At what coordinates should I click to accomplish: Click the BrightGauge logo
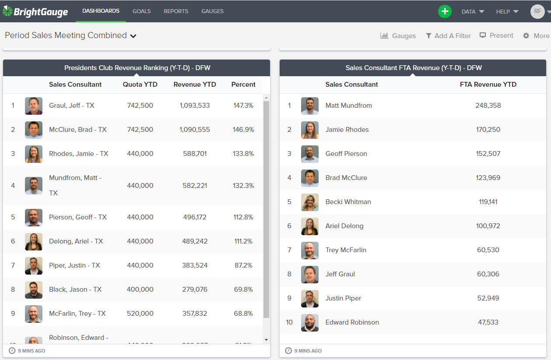tap(35, 11)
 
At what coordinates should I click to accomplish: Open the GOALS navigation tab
tap(141, 11)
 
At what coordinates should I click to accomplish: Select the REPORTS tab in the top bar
tap(176, 11)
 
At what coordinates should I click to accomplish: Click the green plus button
tap(445, 11)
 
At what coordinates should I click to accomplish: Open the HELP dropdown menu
tap(507, 12)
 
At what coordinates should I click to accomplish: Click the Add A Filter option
tap(448, 36)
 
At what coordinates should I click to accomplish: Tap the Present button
tap(496, 35)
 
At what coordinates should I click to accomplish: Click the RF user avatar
tap(537, 11)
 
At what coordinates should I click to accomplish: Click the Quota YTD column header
tap(140, 85)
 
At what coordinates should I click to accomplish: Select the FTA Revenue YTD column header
tap(488, 85)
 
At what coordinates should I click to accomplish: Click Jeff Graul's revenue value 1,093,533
tap(195, 106)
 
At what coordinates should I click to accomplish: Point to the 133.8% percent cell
tap(243, 154)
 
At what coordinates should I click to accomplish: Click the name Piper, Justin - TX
tap(74, 265)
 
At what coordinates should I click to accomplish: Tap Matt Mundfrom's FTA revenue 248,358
tap(488, 106)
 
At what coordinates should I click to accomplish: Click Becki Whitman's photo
tap(310, 202)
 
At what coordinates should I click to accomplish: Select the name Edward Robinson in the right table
tap(352, 322)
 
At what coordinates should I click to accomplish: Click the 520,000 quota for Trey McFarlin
tap(140, 314)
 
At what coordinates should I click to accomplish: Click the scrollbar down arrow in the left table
tap(266, 340)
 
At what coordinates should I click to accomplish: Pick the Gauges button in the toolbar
tap(398, 36)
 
